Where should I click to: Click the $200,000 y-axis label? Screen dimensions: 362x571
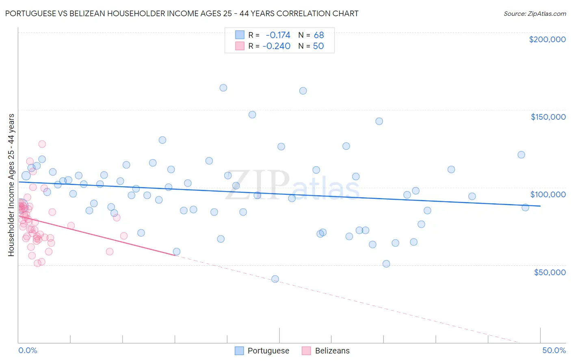(547, 39)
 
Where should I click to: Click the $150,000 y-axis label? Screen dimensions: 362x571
(548, 117)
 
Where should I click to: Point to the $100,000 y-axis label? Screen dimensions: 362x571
(548, 194)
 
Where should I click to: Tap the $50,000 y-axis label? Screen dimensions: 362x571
(549, 272)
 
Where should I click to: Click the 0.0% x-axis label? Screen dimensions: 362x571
(28, 350)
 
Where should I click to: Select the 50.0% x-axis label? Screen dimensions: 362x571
(554, 350)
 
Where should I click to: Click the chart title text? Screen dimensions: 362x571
(182, 14)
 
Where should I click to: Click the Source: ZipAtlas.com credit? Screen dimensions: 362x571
(534, 14)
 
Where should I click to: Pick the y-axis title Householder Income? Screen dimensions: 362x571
(11, 185)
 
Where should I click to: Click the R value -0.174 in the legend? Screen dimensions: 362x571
(278, 35)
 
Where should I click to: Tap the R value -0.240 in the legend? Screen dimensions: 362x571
(276, 46)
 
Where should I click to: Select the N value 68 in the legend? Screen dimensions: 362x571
(319, 35)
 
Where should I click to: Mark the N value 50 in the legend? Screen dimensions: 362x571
(318, 46)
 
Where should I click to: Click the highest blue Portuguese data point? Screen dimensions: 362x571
(223, 88)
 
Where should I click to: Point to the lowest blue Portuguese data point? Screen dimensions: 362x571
(275, 279)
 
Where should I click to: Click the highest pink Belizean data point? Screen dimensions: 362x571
(42, 144)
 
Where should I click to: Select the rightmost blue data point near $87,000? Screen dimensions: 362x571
(525, 207)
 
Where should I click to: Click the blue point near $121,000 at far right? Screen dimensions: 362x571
(521, 155)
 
